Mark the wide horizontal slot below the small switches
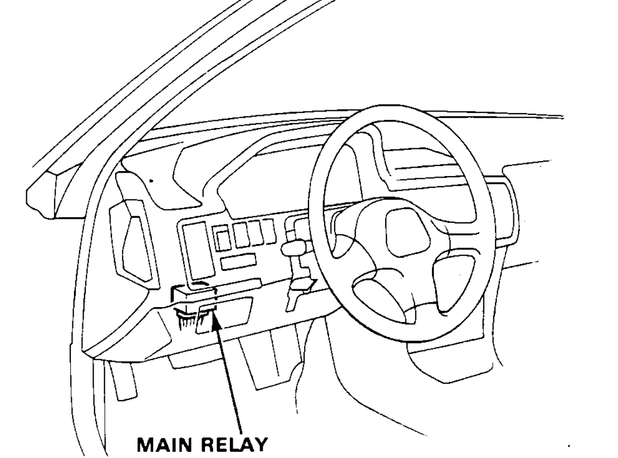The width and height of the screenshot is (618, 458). click(238, 261)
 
